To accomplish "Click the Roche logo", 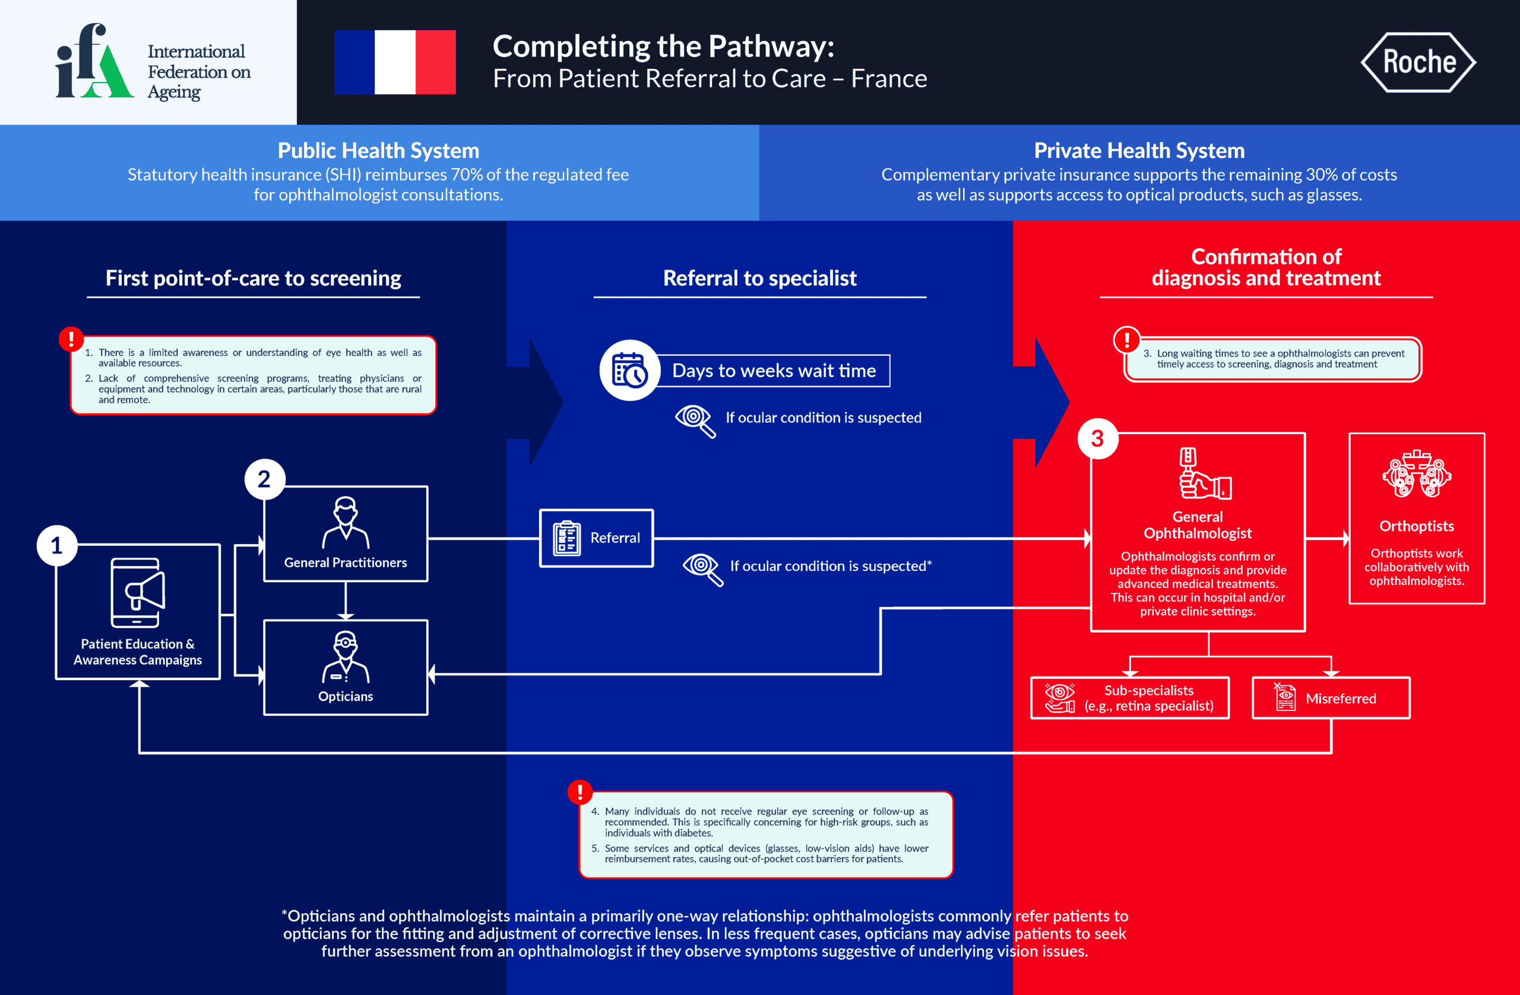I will pyautogui.click(x=1418, y=62).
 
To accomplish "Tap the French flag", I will pyautogui.click(x=395, y=62).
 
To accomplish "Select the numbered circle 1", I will pyautogui.click(x=57, y=545).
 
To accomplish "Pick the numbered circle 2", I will pyautogui.click(x=264, y=479).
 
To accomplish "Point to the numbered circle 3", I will pyautogui.click(x=1097, y=438).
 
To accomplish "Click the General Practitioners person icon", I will pyautogui.click(x=346, y=522).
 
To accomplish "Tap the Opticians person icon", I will pyautogui.click(x=346, y=656).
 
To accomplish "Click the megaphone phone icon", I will pyautogui.click(x=138, y=592).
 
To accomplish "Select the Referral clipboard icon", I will pyautogui.click(x=566, y=538).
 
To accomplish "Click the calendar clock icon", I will pyautogui.click(x=630, y=371).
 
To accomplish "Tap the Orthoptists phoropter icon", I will pyautogui.click(x=1417, y=474).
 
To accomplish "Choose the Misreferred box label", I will pyautogui.click(x=1341, y=699).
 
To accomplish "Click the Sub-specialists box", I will pyautogui.click(x=1130, y=698).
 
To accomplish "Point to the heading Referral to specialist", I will pyautogui.click(x=759, y=278).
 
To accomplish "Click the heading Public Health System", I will pyautogui.click(x=378, y=150).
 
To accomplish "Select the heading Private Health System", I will pyautogui.click(x=1139, y=150).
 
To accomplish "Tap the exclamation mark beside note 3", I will pyautogui.click(x=1126, y=339).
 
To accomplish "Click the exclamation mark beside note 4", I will pyautogui.click(x=580, y=792).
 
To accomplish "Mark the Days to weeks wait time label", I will pyautogui.click(x=774, y=371).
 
